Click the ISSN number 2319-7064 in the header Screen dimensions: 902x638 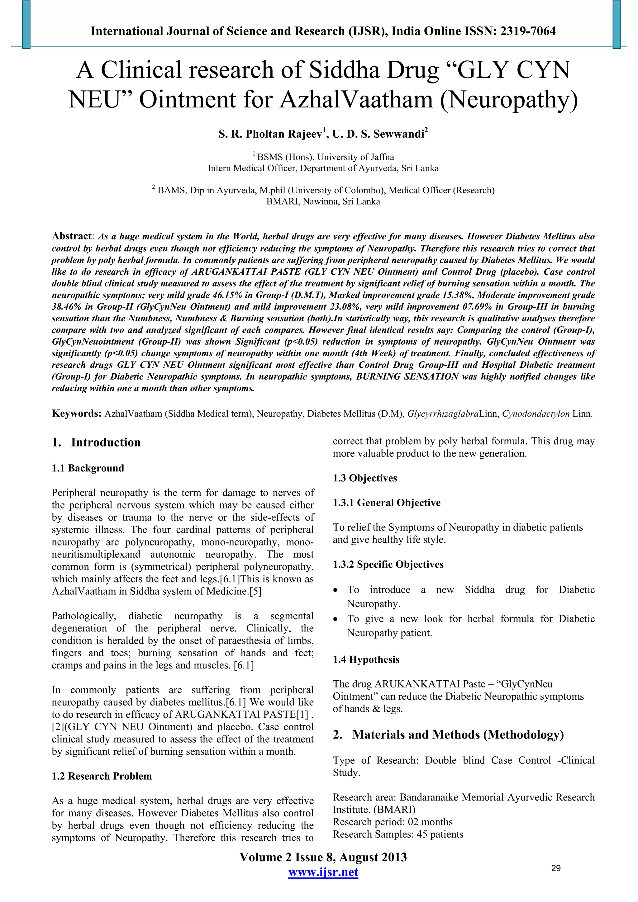527,31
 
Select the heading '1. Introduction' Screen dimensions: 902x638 96,442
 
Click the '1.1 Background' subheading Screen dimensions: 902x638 88,468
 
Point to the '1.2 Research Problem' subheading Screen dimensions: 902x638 102,776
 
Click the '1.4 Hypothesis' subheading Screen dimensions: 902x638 366,659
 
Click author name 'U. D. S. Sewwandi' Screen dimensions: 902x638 378,135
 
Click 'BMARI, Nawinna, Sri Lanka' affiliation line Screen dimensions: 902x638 323,202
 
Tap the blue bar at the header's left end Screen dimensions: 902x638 26,24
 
